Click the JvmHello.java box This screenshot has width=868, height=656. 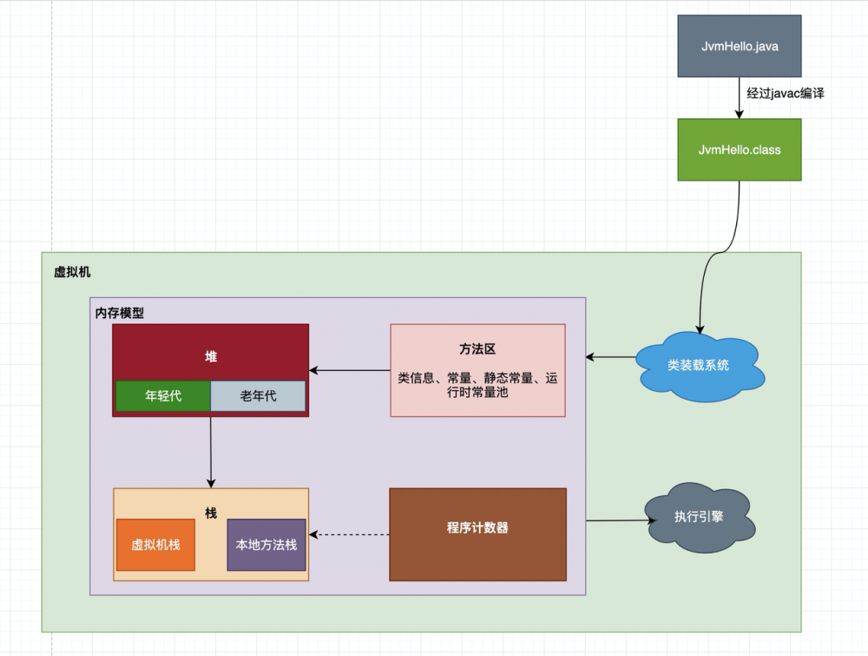point(739,46)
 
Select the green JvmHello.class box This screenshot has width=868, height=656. point(739,149)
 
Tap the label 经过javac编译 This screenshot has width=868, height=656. point(785,93)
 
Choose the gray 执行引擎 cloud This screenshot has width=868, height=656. point(698,516)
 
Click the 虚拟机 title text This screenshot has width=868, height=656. point(72,272)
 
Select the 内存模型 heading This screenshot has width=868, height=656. point(120,313)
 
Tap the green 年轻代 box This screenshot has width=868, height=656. point(163,395)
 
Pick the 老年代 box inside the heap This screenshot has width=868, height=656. point(258,395)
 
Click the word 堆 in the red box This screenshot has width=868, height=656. point(211,356)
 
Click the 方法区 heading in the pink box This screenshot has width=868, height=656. point(477,348)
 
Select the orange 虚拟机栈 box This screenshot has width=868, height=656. point(155,545)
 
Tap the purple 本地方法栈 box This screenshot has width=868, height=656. point(266,545)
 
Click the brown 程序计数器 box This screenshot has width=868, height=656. point(477,527)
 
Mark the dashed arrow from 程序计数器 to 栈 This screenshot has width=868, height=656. point(350,534)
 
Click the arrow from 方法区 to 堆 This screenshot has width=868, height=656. point(350,371)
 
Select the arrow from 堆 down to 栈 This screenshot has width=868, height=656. point(211,452)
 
